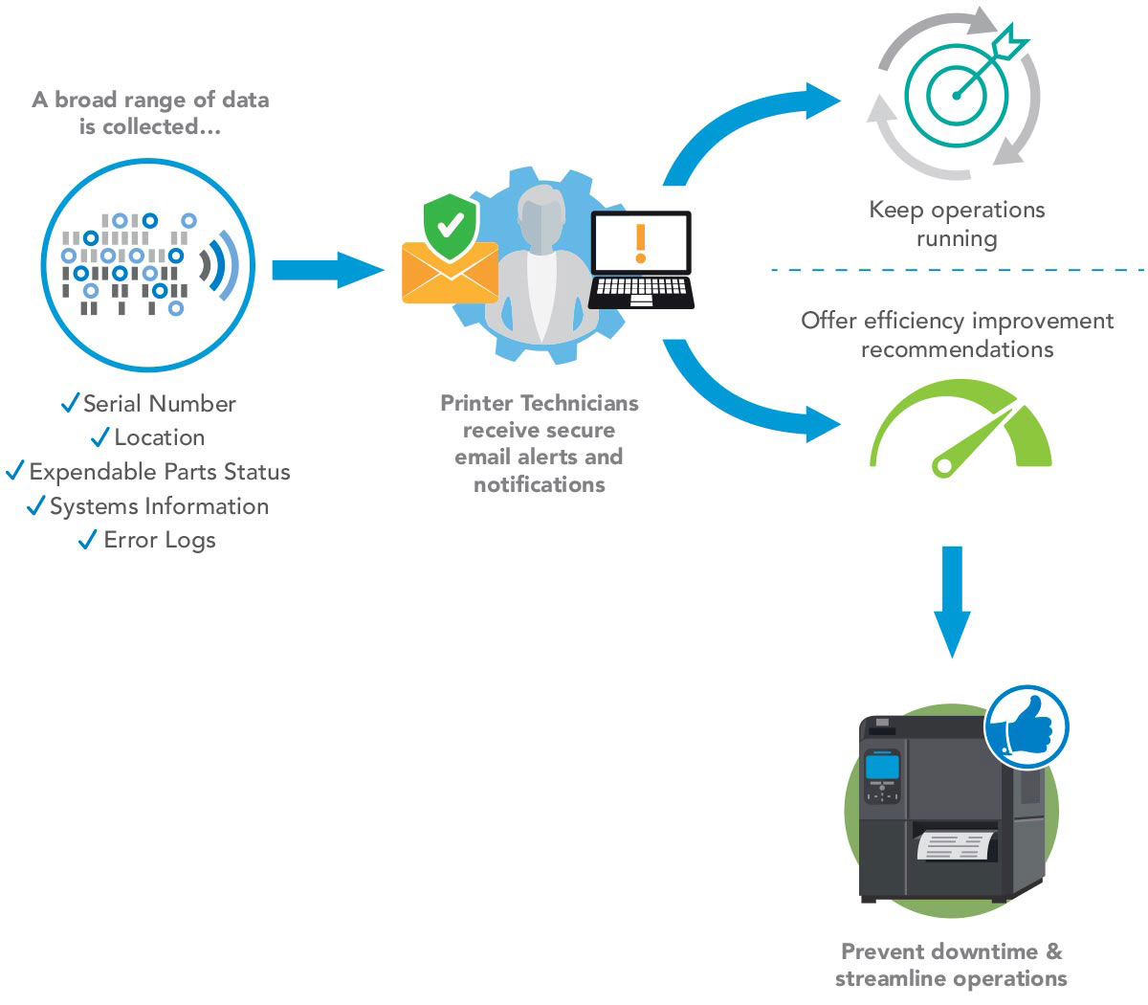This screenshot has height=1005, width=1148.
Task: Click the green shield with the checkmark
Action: [450, 227]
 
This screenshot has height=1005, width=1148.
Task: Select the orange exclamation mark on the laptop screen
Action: [640, 243]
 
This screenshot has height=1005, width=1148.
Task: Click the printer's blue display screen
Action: [881, 767]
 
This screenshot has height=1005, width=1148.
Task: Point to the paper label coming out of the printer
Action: [955, 845]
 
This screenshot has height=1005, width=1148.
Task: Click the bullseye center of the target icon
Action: [957, 95]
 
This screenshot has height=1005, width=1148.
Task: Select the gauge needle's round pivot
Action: [944, 466]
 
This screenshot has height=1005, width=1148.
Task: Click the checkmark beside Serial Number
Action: [70, 403]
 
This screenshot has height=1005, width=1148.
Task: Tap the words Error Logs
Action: [160, 540]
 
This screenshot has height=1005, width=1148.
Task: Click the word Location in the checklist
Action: [160, 437]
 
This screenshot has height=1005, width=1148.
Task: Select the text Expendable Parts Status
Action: [160, 472]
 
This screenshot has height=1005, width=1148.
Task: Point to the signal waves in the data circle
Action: [218, 264]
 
